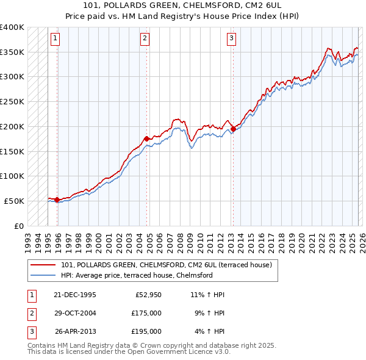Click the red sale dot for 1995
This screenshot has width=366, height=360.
57,200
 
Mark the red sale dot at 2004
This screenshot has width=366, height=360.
147,139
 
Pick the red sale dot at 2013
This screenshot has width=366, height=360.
233,129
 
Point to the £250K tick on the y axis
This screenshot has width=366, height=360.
12,101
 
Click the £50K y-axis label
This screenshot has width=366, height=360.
15,201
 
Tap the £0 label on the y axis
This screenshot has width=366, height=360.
18,226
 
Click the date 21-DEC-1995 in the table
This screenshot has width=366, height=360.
75,295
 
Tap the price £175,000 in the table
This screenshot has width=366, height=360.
146,313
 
